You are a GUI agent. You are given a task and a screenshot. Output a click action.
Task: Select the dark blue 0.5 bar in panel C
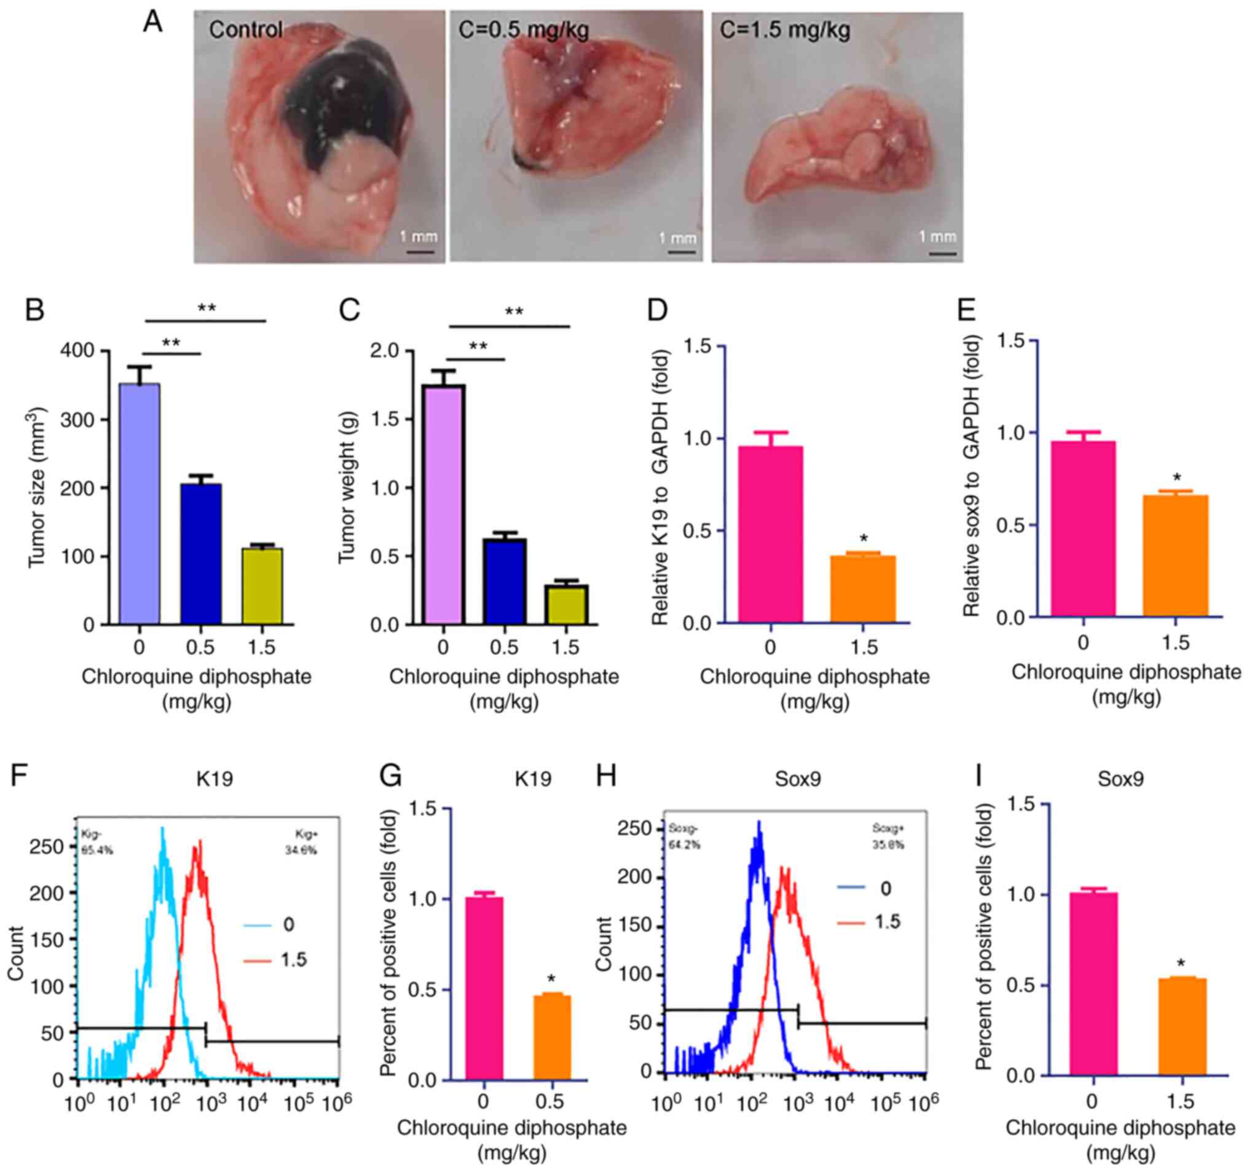(505, 581)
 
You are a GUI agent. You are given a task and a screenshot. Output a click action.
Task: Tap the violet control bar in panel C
(444, 505)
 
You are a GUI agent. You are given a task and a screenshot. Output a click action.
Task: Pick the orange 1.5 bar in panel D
(862, 589)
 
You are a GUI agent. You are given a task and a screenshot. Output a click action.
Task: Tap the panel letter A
(152, 23)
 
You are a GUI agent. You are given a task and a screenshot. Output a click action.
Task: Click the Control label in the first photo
(246, 30)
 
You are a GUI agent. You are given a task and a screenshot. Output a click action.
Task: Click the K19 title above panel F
(214, 779)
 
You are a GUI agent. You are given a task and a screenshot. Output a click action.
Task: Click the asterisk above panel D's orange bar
(863, 538)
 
